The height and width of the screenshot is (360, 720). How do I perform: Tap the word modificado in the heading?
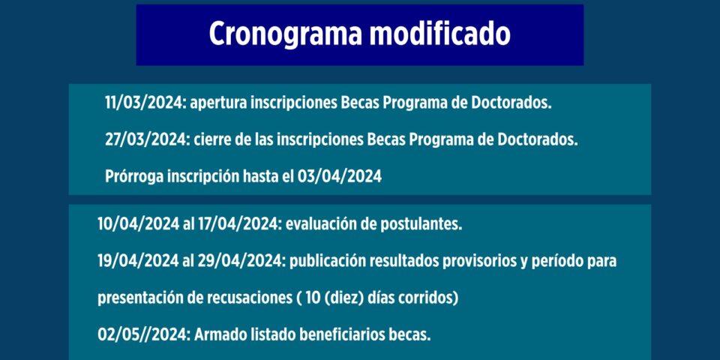439,34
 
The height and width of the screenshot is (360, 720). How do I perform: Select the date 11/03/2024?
145,103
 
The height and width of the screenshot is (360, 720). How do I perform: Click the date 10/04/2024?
138,224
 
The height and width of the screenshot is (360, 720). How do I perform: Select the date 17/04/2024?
238,224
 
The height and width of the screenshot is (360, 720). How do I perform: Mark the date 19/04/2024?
138,261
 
